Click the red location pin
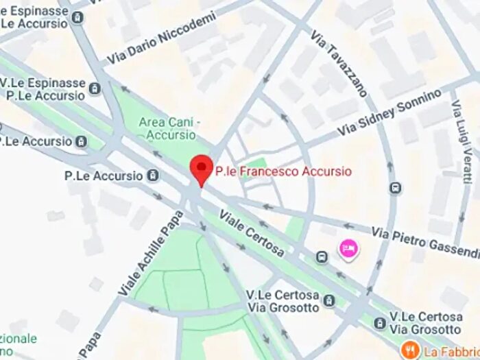click(200, 169)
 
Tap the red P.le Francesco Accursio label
click(283, 171)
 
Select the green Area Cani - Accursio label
click(169, 128)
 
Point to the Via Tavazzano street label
click(338, 62)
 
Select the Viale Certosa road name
click(252, 235)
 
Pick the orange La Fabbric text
click(451, 351)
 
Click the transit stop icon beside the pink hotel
click(322, 256)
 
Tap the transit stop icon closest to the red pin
click(152, 176)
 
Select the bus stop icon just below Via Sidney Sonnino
click(395, 187)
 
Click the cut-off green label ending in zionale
click(19, 339)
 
